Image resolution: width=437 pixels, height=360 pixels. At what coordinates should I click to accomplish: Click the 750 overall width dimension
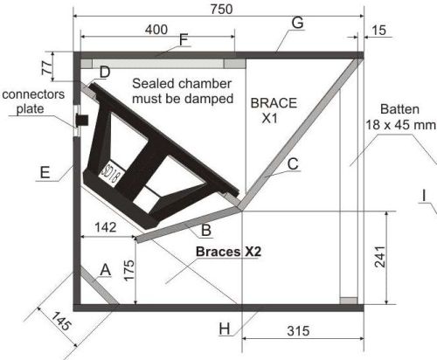click(x=222, y=10)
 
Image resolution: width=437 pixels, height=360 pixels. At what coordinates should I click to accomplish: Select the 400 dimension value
click(x=156, y=30)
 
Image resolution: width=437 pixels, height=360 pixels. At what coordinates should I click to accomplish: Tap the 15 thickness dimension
click(x=379, y=30)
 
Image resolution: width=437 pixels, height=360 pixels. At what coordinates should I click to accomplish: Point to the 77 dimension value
click(x=48, y=67)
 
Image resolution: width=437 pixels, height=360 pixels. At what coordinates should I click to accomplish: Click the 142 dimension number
click(x=106, y=227)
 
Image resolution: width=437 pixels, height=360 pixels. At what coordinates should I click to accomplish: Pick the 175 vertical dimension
click(x=129, y=270)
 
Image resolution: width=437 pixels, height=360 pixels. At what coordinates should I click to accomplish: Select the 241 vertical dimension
click(x=380, y=257)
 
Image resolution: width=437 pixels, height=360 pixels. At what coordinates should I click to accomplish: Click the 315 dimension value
click(x=298, y=331)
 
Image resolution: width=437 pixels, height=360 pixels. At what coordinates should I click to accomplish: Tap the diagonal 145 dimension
click(x=61, y=321)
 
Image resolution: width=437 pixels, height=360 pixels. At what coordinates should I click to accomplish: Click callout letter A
click(x=105, y=270)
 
